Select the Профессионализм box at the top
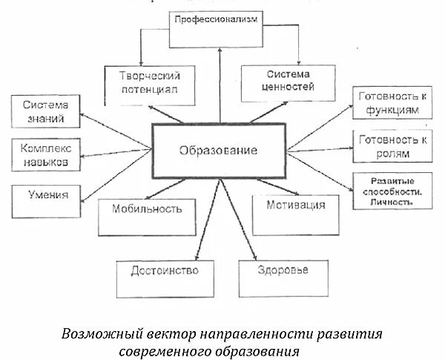tap(216, 21)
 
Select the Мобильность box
tap(147, 209)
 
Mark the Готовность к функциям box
tap(392, 103)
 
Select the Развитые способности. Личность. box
tap(392, 191)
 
